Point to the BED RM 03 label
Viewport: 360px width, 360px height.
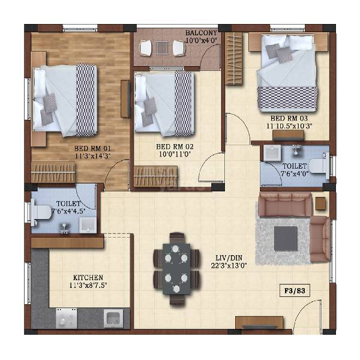pos(290,119)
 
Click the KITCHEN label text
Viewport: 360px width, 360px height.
pos(88,278)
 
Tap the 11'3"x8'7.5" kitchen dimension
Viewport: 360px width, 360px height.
pos(88,286)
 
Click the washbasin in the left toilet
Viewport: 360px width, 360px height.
pos(87,224)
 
